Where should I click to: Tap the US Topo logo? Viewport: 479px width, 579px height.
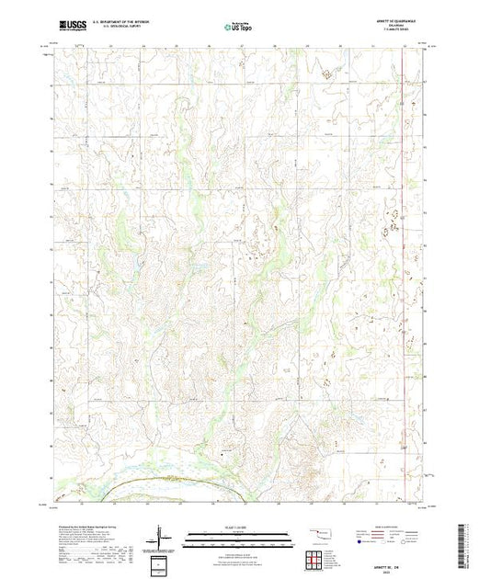pos(225,27)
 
